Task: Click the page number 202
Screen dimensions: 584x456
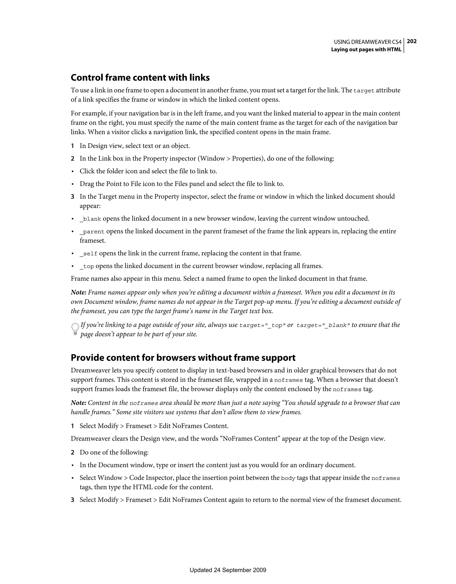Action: coord(412,41)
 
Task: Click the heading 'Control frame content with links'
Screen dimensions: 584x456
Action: coord(140,78)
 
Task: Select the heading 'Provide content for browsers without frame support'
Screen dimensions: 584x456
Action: coord(183,358)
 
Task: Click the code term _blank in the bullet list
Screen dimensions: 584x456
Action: coord(90,219)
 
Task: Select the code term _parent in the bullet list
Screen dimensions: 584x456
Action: coord(92,232)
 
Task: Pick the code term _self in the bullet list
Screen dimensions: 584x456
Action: coord(88,253)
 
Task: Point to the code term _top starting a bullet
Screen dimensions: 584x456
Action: coord(87,266)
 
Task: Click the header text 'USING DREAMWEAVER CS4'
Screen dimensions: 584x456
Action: coord(368,42)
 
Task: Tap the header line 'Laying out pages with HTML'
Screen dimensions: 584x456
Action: coord(366,49)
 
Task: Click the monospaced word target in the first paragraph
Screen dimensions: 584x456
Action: coord(364,91)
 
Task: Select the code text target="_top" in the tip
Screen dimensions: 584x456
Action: coord(262,325)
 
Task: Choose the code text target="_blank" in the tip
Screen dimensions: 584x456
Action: coord(323,325)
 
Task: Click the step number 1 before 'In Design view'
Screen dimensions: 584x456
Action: coord(72,146)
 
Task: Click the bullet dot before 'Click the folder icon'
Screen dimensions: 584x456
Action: coord(72,171)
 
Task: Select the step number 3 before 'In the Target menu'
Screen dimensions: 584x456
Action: coord(72,197)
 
